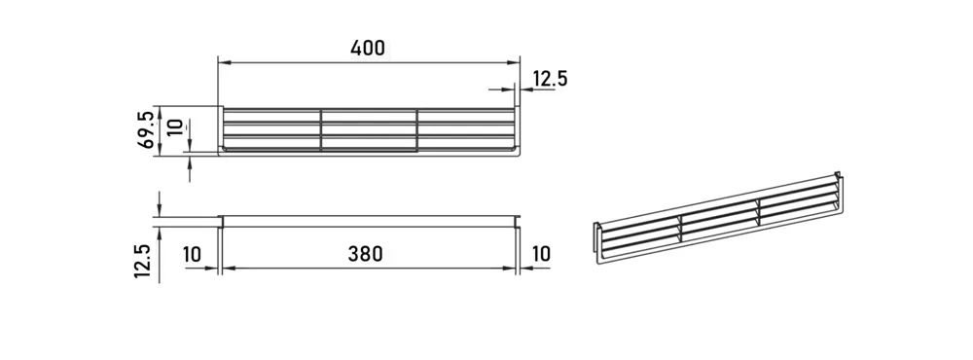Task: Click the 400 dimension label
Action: pos(368,48)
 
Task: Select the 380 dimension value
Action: pos(365,254)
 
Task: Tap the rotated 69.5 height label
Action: pos(146,129)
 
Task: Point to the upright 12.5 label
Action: pos(550,79)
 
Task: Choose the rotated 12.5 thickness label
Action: pos(143,260)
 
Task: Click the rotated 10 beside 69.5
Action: pos(176,127)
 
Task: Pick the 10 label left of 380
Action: pos(193,254)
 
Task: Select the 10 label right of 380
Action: pos(541,254)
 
